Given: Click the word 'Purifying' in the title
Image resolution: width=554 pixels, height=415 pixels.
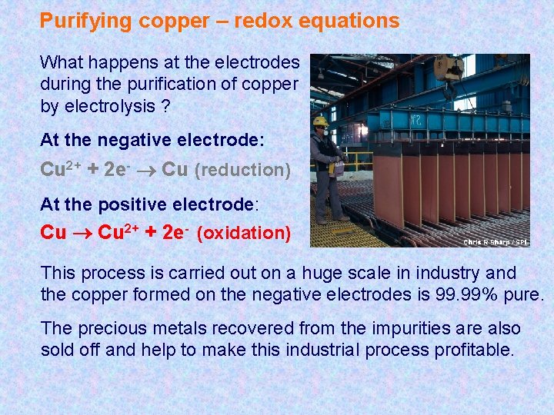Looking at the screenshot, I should pos(85,21).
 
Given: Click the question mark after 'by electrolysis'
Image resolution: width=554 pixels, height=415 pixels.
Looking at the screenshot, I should pos(165,106).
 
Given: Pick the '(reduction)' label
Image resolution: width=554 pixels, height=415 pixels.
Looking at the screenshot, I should pos(242,170).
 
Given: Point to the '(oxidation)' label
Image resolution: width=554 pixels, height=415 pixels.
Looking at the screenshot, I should pos(244,233).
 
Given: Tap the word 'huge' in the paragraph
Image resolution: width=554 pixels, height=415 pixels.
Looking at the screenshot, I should pos(329,273).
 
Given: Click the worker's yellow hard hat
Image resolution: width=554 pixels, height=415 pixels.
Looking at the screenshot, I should pos(321,121).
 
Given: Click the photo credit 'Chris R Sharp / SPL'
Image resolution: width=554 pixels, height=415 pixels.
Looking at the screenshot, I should pos(496,242).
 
